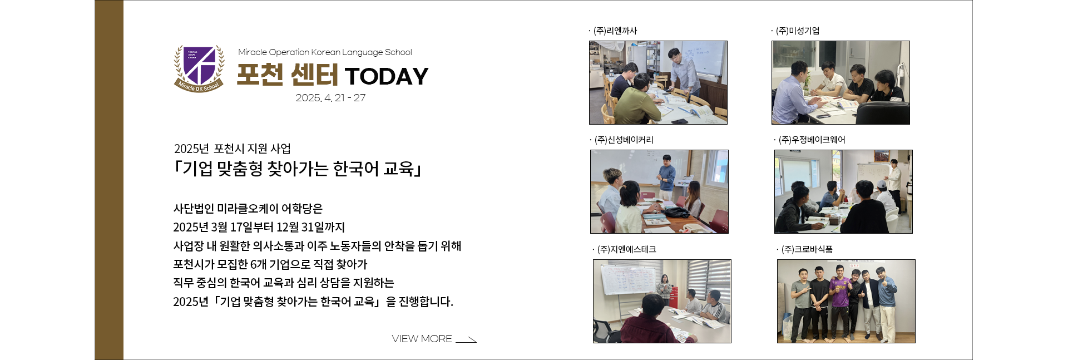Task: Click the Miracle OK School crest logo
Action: pyautogui.click(x=199, y=68)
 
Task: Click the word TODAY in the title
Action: pyautogui.click(x=387, y=76)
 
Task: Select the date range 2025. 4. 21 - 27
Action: pyautogui.click(x=330, y=98)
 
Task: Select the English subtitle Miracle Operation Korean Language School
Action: pyautogui.click(x=325, y=52)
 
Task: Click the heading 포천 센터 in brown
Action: pyautogui.click(x=287, y=75)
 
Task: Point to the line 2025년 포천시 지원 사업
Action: pyautogui.click(x=233, y=149)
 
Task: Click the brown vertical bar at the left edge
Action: pyautogui.click(x=109, y=180)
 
